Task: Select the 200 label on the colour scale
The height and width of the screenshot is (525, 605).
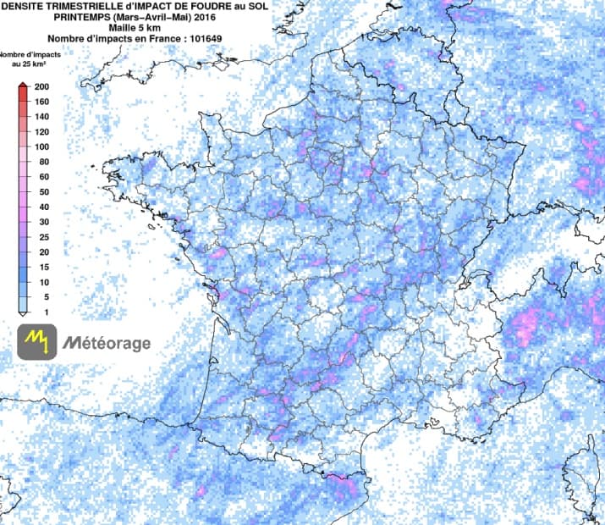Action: click(x=40, y=87)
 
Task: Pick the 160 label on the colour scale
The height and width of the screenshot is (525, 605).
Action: click(x=40, y=102)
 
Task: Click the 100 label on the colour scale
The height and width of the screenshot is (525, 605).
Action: click(x=40, y=147)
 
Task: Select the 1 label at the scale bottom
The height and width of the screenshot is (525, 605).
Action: click(x=35, y=312)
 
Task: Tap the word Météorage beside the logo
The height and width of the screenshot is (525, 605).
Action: click(x=107, y=343)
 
